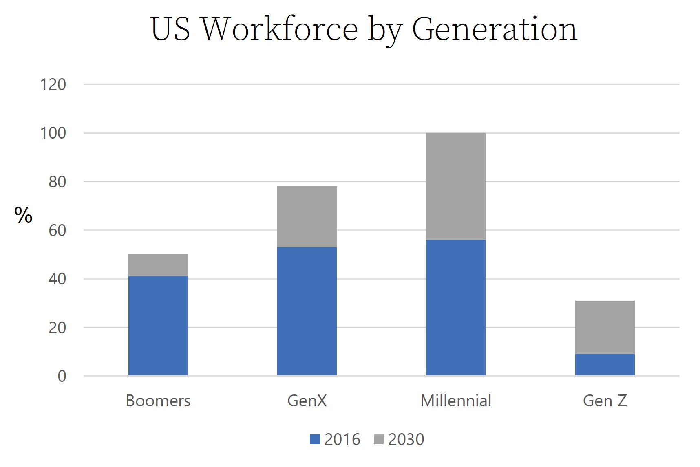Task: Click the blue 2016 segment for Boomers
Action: [158, 326]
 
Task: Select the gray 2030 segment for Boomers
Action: [158, 265]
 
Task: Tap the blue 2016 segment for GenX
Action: [307, 311]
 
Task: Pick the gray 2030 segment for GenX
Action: [307, 217]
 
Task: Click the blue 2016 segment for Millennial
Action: [455, 307]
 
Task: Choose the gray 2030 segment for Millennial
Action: [455, 186]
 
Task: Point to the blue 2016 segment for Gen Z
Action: [605, 364]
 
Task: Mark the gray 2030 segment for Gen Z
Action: [605, 327]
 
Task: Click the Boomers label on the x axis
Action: [158, 401]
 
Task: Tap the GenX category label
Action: [307, 401]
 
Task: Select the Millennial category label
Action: [455, 401]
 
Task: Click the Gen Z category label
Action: [605, 401]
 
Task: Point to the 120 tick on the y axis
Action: [53, 85]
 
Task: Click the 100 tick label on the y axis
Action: [53, 133]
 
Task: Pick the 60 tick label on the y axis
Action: [57, 231]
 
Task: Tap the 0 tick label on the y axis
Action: [62, 377]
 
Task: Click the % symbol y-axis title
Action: [23, 215]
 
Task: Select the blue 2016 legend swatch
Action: [315, 439]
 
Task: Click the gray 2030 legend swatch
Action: [378, 439]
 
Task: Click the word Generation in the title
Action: [495, 29]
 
